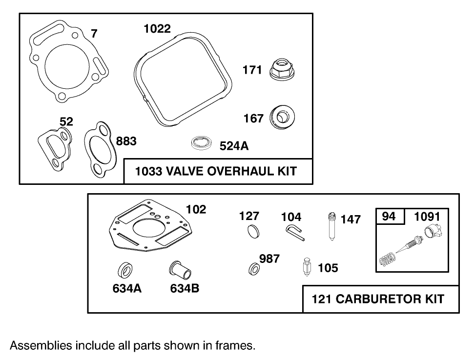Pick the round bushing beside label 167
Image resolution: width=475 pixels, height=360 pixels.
[x=282, y=117]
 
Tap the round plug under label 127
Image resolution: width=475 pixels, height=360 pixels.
[x=253, y=231]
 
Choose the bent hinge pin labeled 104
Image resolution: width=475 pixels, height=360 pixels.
[x=294, y=233]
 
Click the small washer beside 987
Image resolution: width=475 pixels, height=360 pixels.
[x=254, y=269]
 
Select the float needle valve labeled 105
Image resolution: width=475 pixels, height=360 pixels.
[x=307, y=266]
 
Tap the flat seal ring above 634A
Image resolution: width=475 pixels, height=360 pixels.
[x=125, y=270]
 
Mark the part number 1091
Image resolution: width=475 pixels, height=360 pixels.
[x=427, y=217]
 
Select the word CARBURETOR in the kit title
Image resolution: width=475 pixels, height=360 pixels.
[x=378, y=299]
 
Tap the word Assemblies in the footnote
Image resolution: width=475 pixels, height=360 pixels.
[x=41, y=345]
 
